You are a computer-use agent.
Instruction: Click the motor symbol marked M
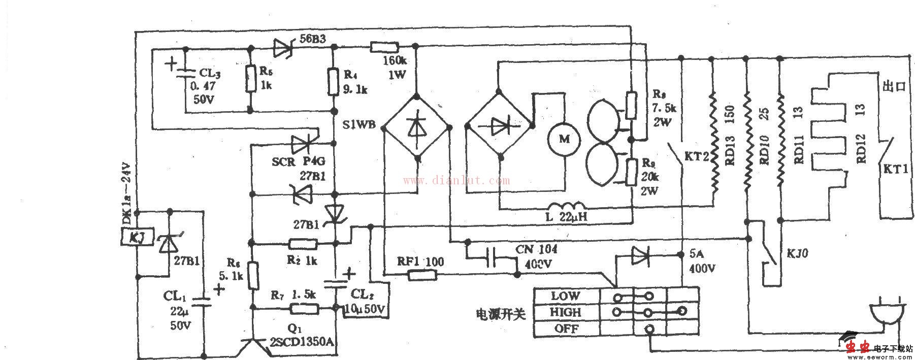coord(564,139)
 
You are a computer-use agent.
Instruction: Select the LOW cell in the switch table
coord(566,296)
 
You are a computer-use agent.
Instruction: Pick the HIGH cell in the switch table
coord(566,312)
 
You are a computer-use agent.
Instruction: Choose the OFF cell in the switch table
coord(566,329)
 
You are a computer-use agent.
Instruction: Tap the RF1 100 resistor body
coord(422,275)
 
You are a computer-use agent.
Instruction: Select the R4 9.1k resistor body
coord(334,82)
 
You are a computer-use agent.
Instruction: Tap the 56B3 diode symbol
coord(283,48)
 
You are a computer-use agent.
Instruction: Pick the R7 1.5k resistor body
coord(304,308)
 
